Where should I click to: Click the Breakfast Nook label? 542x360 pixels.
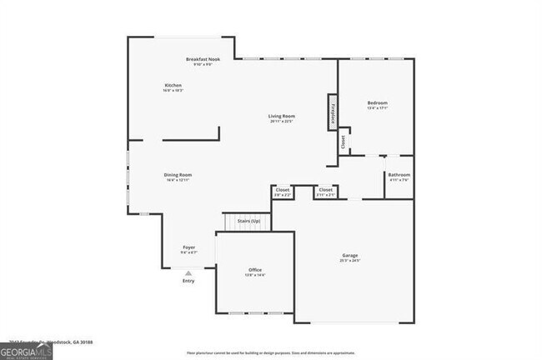[202, 60]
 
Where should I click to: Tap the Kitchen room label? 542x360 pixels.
[173, 86]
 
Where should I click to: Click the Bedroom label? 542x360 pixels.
[377, 103]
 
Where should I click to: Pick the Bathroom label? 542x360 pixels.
[399, 174]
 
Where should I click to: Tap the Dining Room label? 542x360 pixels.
[178, 174]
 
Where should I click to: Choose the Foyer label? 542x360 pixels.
[189, 247]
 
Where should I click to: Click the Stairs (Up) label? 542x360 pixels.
[248, 221]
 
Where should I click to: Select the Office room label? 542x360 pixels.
[255, 271]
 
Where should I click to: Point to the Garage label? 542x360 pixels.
[349, 255]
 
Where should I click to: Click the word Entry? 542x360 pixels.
[188, 280]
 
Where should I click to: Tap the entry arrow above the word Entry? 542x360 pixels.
[188, 272]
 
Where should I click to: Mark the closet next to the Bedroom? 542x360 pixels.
[343, 142]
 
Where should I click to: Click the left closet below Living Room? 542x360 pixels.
[283, 192]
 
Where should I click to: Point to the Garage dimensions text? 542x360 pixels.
[349, 261]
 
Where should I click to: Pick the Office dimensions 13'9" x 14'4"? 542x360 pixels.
[255, 275]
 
